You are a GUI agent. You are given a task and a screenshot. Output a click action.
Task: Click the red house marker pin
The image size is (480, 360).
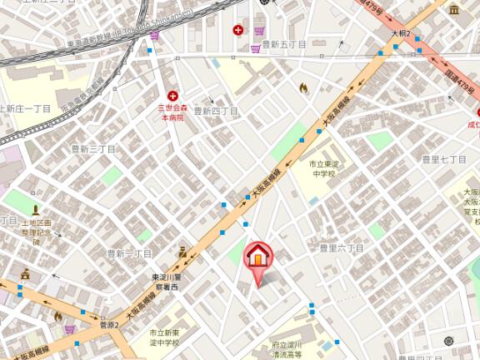click(x=257, y=257)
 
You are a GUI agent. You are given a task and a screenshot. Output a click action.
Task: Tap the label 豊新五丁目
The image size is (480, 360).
click(x=283, y=43)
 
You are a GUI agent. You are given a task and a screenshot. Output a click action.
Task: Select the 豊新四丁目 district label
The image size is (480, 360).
click(x=217, y=110)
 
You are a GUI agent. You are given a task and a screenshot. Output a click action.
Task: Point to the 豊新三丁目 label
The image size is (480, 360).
click(x=92, y=148)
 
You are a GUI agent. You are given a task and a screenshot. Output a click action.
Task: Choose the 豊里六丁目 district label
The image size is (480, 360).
click(x=342, y=247)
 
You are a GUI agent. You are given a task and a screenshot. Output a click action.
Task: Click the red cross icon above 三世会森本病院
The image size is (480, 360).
click(x=173, y=96)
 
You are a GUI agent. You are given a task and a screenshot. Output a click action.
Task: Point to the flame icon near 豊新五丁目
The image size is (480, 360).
click(x=303, y=87)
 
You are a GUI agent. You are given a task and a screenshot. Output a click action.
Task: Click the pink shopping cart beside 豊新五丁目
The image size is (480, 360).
click(x=255, y=48)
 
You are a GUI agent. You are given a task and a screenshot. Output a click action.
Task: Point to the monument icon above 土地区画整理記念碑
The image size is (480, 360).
click(x=36, y=211)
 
